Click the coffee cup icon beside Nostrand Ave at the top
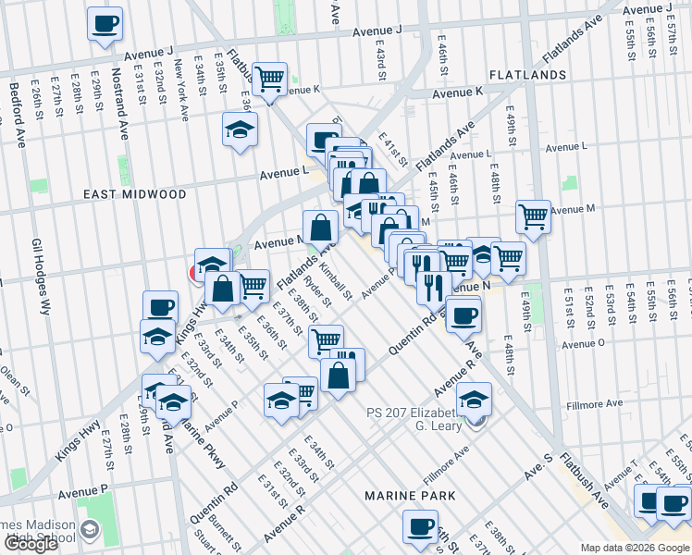click(x=105, y=24)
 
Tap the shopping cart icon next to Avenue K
click(x=269, y=80)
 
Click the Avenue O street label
click(x=583, y=343)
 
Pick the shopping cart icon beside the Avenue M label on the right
click(x=533, y=217)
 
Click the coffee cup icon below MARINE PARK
click(x=419, y=528)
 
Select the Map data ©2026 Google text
click(x=634, y=548)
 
